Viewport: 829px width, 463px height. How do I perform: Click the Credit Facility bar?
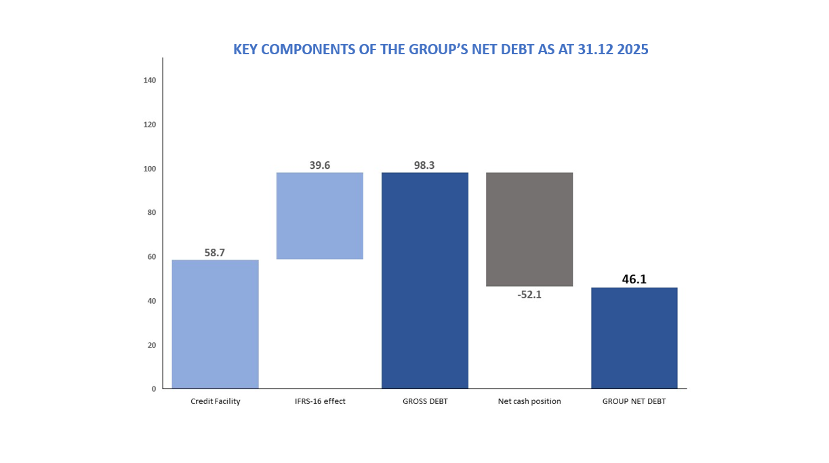pyautogui.click(x=215, y=324)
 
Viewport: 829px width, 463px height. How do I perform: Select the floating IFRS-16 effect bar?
pyautogui.click(x=320, y=216)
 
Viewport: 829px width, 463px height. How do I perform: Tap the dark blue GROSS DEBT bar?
pyautogui.click(x=425, y=280)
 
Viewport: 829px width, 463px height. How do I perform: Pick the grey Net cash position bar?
pyautogui.click(x=529, y=229)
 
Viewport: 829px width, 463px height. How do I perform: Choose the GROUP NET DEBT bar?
pyautogui.click(x=634, y=338)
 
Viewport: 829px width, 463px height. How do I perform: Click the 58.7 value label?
pyautogui.click(x=215, y=253)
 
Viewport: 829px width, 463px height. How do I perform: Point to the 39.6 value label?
pyautogui.click(x=320, y=165)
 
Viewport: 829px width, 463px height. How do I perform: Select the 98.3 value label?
pyautogui.click(x=425, y=165)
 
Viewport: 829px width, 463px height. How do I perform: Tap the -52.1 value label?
pyautogui.click(x=529, y=295)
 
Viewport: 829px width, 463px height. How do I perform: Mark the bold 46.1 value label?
pyautogui.click(x=634, y=279)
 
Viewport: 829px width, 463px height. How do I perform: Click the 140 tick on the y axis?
pyautogui.click(x=150, y=81)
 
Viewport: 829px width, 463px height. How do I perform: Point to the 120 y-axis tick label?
pyautogui.click(x=150, y=125)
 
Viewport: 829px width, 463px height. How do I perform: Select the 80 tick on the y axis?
pyautogui.click(x=152, y=213)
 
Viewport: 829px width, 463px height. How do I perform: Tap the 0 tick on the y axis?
pyautogui.click(x=154, y=389)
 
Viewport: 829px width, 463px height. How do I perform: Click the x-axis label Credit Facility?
pyautogui.click(x=216, y=401)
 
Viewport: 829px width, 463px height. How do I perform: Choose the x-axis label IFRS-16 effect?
pyautogui.click(x=320, y=401)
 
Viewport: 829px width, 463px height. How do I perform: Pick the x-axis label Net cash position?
pyautogui.click(x=529, y=401)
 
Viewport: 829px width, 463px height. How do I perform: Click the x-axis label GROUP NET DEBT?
pyautogui.click(x=634, y=401)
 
